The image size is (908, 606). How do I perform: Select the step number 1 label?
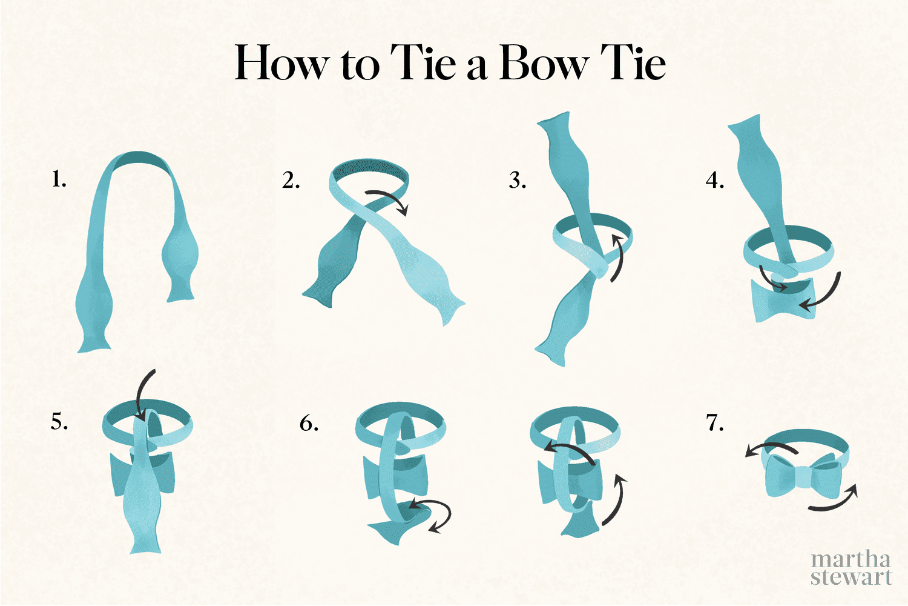pos(59,180)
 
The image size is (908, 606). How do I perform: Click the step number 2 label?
pos(291,181)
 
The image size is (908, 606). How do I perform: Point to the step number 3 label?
pos(517,181)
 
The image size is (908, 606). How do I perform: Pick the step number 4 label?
pos(715,181)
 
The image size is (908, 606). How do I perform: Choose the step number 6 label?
pos(309,423)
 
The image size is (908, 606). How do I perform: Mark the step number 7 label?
pos(715,422)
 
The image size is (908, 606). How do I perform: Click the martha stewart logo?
pos(851,568)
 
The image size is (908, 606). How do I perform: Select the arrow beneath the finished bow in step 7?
pos(834,499)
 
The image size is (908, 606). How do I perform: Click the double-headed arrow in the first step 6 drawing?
pos(431,514)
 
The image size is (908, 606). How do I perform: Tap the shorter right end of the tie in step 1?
pos(180,267)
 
